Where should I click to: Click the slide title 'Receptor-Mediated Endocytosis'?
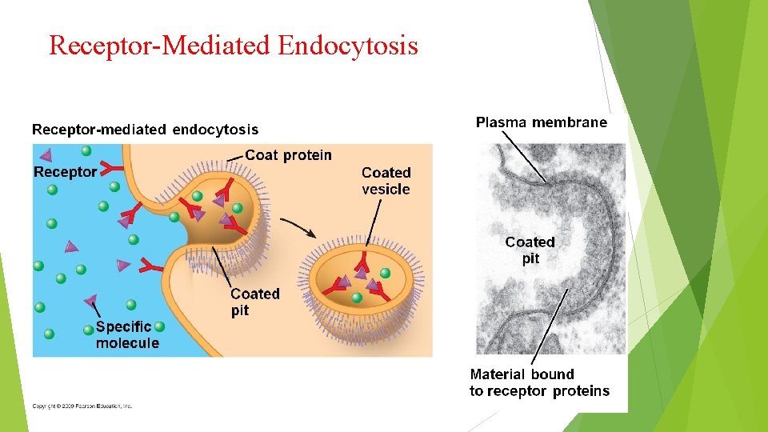click(233, 45)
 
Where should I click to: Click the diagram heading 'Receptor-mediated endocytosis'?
click(145, 129)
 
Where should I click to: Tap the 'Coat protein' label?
click(288, 155)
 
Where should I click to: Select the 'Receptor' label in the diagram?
click(65, 172)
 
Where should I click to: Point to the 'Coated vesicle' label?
click(386, 181)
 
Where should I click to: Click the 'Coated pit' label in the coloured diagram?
click(254, 302)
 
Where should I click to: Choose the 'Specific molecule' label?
click(127, 334)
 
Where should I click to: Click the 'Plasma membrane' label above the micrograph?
click(542, 122)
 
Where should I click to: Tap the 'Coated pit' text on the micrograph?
click(530, 250)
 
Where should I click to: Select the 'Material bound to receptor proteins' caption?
click(538, 382)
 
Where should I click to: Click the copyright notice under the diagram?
click(82, 406)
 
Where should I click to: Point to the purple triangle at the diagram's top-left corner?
click(46, 154)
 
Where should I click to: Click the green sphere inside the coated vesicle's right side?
click(385, 274)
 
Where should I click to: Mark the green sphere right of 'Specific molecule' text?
click(159, 326)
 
